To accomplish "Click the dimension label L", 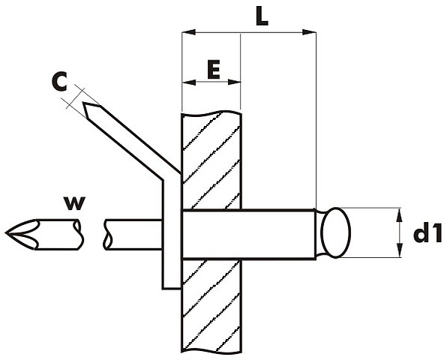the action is click(262, 16).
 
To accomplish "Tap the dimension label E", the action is click(214, 69).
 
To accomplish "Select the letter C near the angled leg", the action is click(59, 82).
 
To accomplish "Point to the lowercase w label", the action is click(74, 203).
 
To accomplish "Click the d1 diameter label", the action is click(427, 234).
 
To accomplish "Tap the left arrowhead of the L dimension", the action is click(188, 32).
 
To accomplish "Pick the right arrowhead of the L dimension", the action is click(309, 32).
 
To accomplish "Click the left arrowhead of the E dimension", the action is click(189, 82).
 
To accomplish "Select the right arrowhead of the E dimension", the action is click(234, 82).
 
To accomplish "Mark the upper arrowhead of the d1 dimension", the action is click(400, 215).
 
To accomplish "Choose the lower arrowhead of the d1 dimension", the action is click(400, 250).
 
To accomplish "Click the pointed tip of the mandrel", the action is click(6, 233).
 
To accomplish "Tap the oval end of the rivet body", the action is click(335, 232).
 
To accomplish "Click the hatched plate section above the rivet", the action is click(211, 160).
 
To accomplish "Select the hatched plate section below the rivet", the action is click(211, 305).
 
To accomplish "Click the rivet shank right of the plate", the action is click(278, 234).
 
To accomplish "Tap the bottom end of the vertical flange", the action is click(171, 289).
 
